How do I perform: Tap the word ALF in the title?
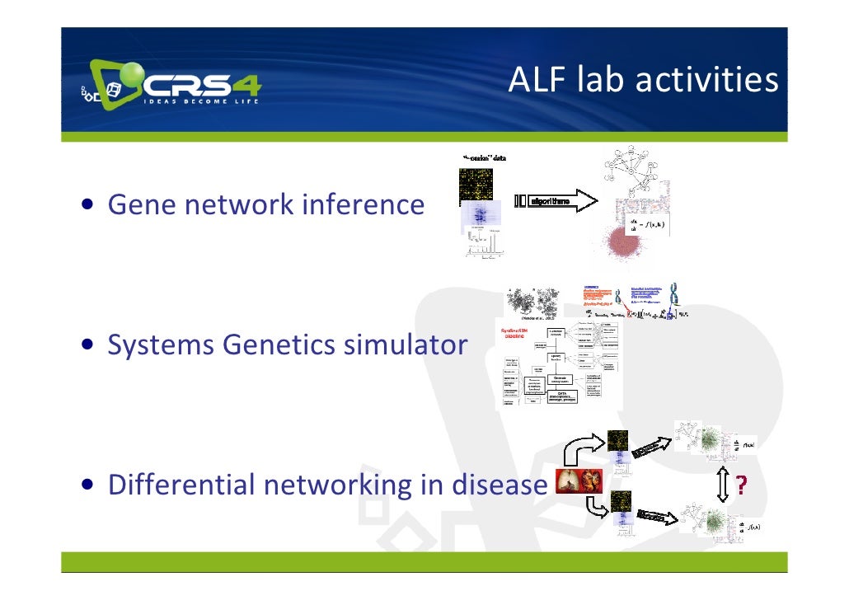pyautogui.click(x=535, y=80)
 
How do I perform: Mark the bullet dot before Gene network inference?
pyautogui.click(x=86, y=204)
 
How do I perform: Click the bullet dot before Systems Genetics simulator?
pyautogui.click(x=86, y=345)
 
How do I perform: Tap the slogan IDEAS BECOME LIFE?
pyautogui.click(x=201, y=101)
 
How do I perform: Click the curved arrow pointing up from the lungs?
pyautogui.click(x=584, y=450)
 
